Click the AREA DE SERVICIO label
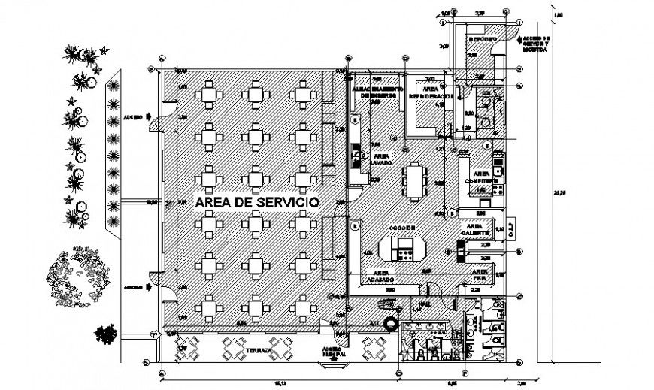[x=256, y=203]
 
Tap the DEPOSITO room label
[x=481, y=38]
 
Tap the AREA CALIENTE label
[x=474, y=228]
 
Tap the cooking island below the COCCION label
[x=401, y=248]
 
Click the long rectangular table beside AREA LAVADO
[x=414, y=180]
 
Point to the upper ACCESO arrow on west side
[x=150, y=116]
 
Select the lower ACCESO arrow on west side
[x=150, y=286]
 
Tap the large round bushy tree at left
[x=79, y=276]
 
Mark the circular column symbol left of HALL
[x=391, y=323]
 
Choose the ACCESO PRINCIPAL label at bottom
[x=332, y=352]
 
